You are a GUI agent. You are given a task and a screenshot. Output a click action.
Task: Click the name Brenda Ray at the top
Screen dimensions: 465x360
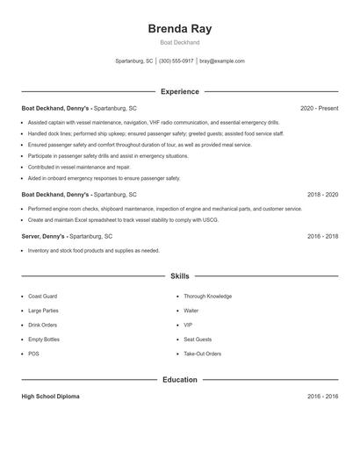(x=180, y=28)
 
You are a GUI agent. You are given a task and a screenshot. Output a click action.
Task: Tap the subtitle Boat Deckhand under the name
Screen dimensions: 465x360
(x=180, y=42)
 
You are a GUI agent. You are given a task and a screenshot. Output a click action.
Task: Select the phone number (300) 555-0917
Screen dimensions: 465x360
(x=176, y=61)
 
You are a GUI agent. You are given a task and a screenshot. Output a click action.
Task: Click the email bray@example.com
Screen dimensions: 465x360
(x=222, y=61)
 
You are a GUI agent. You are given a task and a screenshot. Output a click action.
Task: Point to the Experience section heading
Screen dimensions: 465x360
(x=180, y=91)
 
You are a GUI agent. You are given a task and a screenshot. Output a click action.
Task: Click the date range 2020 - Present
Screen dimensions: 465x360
(x=319, y=108)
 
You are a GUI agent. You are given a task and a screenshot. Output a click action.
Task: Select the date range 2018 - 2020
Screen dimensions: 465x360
(x=322, y=194)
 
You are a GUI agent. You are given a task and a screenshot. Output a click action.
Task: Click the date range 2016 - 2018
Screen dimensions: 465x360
(x=322, y=236)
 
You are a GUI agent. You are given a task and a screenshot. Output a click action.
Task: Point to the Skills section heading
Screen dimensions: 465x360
(x=180, y=276)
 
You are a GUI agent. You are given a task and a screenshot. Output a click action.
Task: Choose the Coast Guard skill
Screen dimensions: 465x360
(x=43, y=297)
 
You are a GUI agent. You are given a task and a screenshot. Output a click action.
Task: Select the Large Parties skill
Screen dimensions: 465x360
(x=44, y=311)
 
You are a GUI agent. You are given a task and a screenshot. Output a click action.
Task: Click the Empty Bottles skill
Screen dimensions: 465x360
(x=45, y=340)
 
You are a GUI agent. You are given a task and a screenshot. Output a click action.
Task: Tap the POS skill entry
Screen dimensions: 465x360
(x=33, y=354)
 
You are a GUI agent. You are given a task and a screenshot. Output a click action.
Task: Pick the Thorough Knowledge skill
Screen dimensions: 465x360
(x=207, y=297)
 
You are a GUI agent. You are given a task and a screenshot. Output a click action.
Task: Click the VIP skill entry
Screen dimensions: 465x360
(x=187, y=325)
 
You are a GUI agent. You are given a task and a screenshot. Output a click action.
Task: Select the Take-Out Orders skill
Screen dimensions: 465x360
(x=202, y=354)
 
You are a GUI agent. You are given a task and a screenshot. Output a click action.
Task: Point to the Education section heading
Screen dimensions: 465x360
(x=180, y=380)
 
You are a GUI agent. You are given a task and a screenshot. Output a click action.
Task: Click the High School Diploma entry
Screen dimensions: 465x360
(x=50, y=397)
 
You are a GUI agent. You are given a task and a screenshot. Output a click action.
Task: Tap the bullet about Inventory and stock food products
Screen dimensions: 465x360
(x=93, y=251)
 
